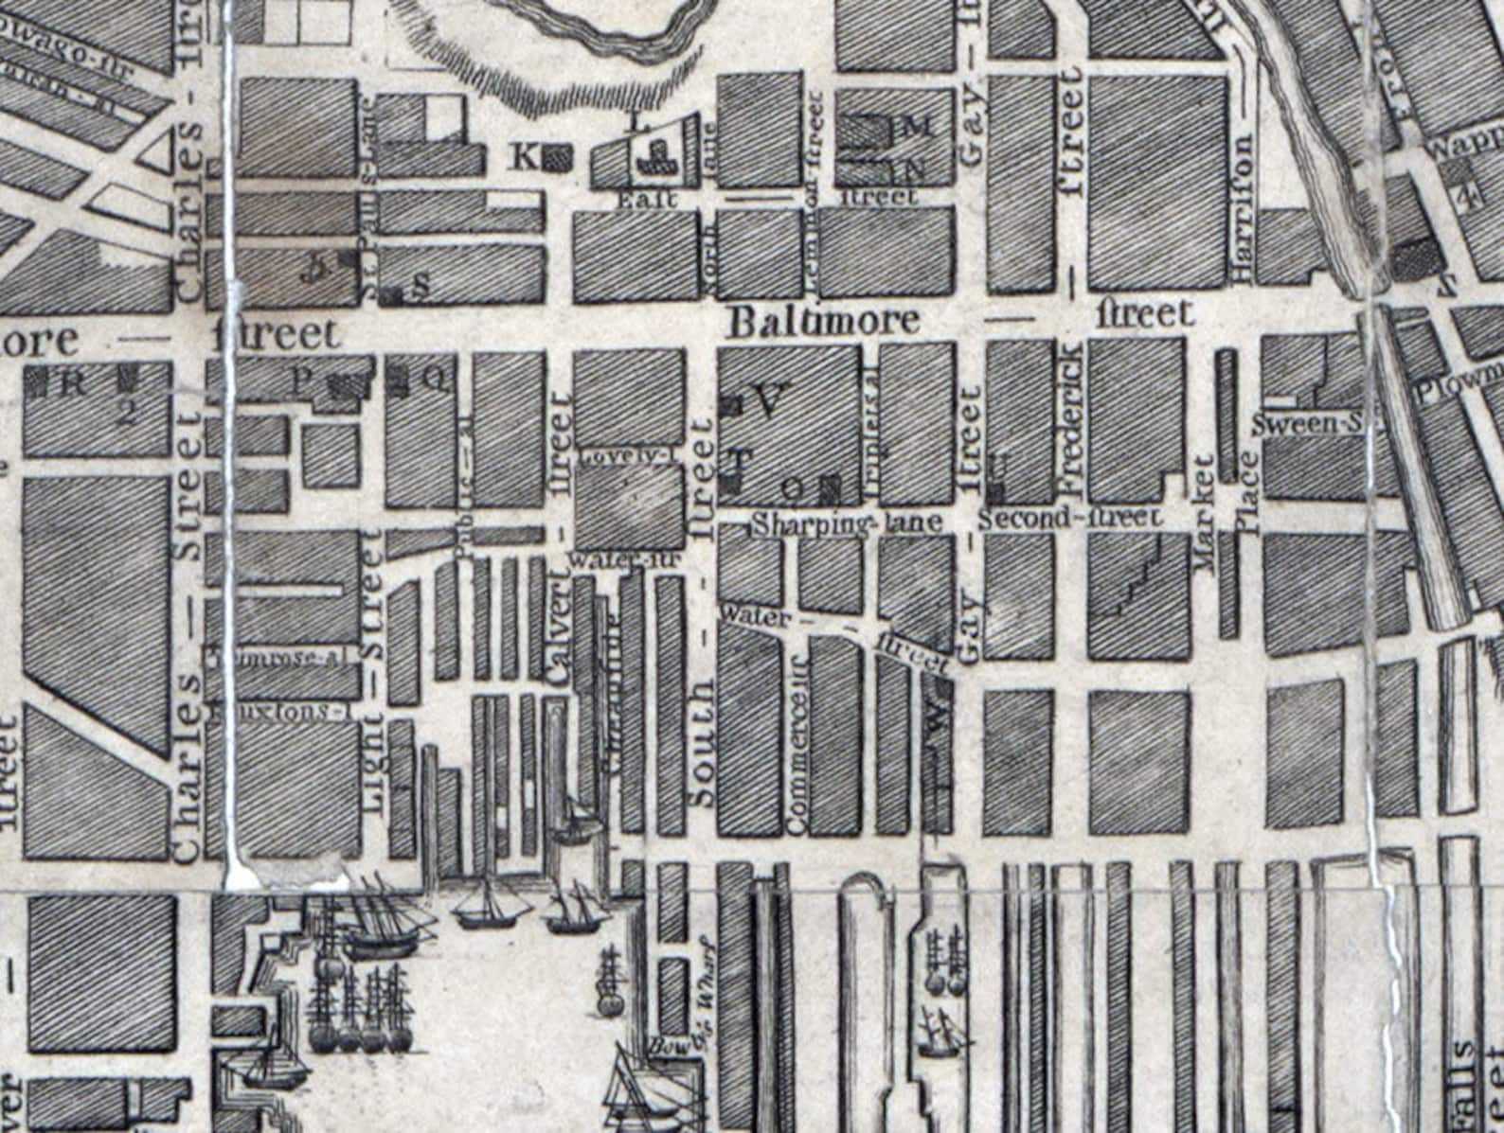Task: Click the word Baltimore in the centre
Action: (x=823, y=321)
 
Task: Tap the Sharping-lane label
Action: (x=848, y=522)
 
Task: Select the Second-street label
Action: (x=1069, y=518)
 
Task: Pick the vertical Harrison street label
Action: (x=1244, y=207)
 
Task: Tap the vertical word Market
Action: (x=1204, y=511)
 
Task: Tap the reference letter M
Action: (x=920, y=127)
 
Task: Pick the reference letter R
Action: (x=73, y=383)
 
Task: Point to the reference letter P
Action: (x=301, y=381)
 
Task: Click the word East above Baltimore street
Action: (x=646, y=200)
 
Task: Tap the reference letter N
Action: (x=915, y=170)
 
